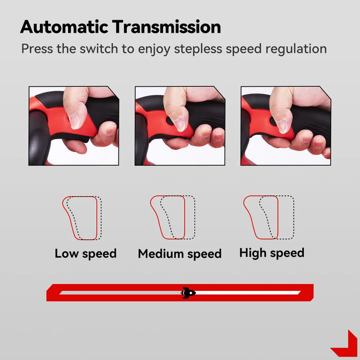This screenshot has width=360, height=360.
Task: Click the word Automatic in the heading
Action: point(64,27)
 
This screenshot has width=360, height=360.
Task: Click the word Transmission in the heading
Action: point(167,27)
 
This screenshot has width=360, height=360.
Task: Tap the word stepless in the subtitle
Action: point(198,49)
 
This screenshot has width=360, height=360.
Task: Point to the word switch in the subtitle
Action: point(99,48)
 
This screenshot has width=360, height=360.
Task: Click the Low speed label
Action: point(85,254)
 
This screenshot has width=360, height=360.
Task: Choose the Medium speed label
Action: point(180,254)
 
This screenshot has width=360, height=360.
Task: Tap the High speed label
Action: point(272,253)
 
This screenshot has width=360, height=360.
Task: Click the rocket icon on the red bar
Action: point(188,293)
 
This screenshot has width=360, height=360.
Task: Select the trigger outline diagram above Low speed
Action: point(82,218)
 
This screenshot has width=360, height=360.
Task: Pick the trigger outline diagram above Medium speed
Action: point(173,217)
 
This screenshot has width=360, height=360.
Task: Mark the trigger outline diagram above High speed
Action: point(269,217)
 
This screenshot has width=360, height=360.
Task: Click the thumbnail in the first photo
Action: point(74,121)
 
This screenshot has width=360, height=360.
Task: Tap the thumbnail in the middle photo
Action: point(180,125)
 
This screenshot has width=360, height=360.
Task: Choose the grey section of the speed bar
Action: point(120,293)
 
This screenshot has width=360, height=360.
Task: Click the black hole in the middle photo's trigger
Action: point(169,121)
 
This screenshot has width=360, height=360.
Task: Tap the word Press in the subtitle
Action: point(37,48)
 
